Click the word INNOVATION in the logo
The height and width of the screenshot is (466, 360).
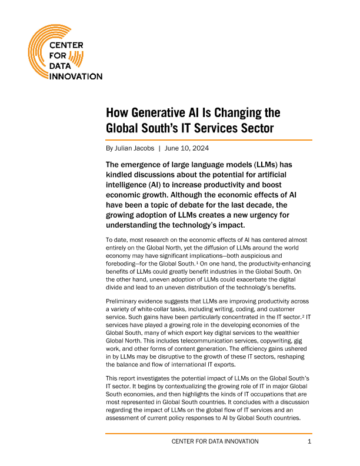(76, 76)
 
